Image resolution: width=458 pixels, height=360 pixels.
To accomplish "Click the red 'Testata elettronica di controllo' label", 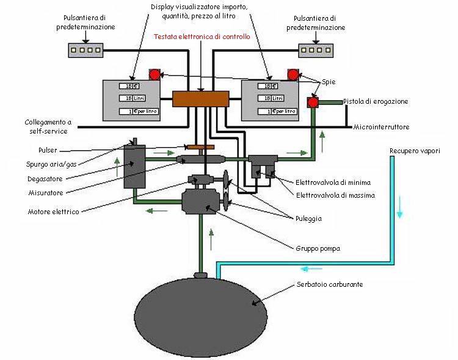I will pyautogui.click(x=202, y=37).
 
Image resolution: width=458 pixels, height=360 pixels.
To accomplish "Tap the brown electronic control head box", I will pyautogui.click(x=200, y=99).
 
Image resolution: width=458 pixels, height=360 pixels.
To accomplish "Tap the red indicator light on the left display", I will pyautogui.click(x=154, y=75).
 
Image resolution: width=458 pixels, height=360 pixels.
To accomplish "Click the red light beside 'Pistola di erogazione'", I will pyautogui.click(x=313, y=102).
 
